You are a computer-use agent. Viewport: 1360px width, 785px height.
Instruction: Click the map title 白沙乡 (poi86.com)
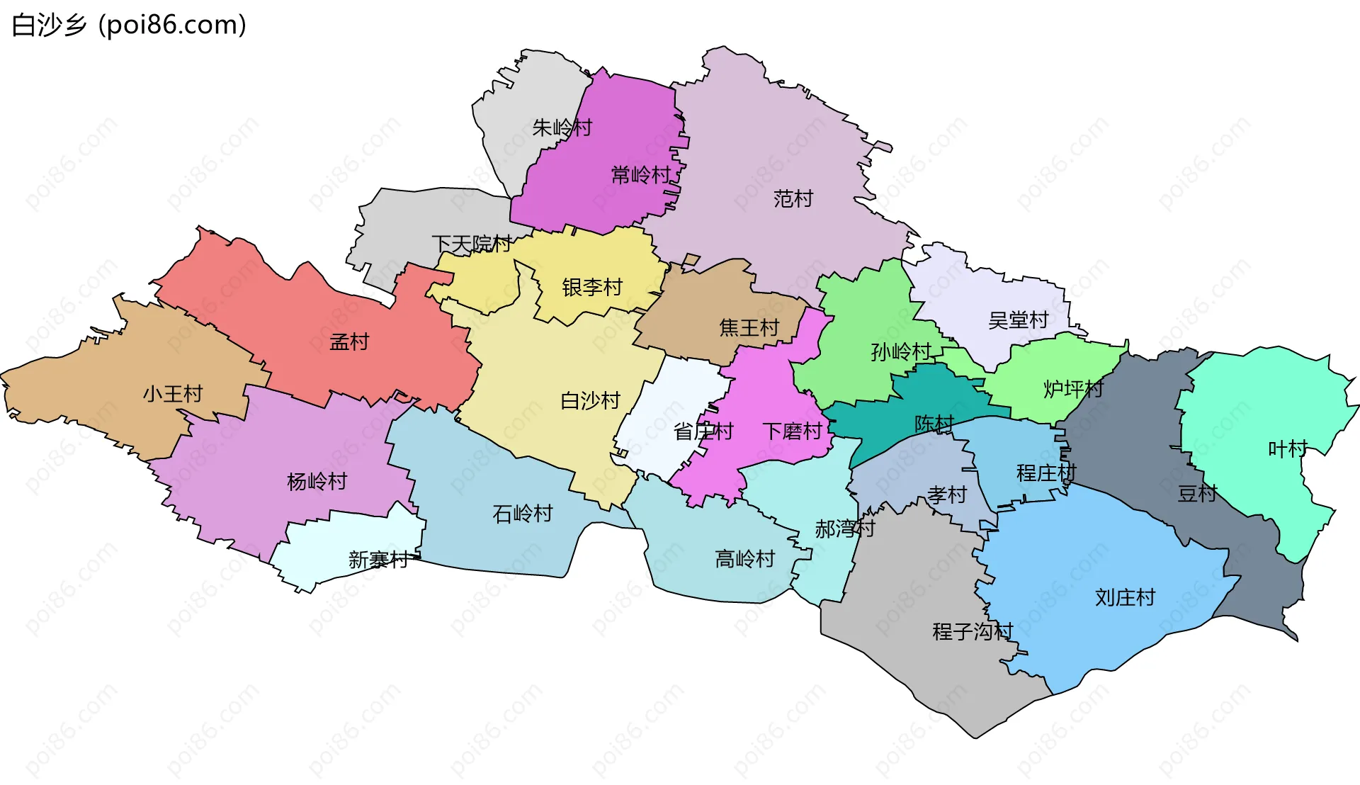[x=129, y=25]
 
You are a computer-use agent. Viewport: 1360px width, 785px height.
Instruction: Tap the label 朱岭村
[x=562, y=128]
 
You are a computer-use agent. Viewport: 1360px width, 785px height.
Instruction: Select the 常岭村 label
[x=641, y=175]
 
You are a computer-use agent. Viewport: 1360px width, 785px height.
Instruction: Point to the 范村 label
[x=793, y=199]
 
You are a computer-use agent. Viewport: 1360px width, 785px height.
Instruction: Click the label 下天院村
[x=471, y=244]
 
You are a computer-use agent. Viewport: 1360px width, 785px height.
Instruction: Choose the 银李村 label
[x=592, y=288]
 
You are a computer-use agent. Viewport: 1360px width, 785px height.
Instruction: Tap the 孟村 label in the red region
[x=349, y=342]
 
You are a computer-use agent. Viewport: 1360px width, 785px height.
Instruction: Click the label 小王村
[x=173, y=394]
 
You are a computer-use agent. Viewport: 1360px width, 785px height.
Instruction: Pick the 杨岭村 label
[x=317, y=482]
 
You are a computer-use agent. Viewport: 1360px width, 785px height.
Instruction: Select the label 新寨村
[x=378, y=560]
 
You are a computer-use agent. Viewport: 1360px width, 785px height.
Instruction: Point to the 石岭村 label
[x=522, y=514]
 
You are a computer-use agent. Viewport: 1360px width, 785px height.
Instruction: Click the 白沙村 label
[x=590, y=401]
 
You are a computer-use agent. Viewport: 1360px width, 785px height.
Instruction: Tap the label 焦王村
[x=749, y=327]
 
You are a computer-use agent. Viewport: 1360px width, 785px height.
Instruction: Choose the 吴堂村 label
[x=1018, y=321]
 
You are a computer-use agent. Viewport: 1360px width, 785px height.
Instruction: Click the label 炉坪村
[x=1073, y=389]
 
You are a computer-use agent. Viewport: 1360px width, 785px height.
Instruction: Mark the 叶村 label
[x=1287, y=449]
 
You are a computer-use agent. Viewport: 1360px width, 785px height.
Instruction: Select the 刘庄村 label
[x=1125, y=598]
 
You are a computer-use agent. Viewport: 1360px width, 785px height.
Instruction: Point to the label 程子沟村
[x=973, y=631]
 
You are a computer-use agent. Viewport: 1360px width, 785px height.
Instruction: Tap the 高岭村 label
[x=744, y=560]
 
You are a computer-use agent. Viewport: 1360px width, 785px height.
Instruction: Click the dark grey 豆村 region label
[x=1197, y=494]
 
